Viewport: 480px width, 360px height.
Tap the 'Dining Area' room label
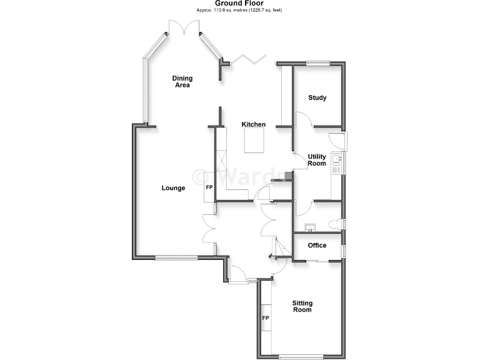click(182, 81)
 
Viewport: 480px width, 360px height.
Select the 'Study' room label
click(317, 98)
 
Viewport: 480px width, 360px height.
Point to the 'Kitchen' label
click(254, 124)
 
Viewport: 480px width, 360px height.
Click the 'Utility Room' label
click(317, 160)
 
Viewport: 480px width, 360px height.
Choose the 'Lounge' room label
click(173, 187)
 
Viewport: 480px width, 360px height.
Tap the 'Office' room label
click(317, 246)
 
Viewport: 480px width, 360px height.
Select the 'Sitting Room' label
click(302, 306)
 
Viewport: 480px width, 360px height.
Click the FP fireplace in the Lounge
click(209, 188)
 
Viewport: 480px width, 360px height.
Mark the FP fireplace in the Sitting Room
click(265, 318)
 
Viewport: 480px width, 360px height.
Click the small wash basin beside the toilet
click(310, 227)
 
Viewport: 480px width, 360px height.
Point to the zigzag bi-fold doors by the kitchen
click(249, 59)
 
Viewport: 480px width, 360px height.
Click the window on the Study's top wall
click(317, 62)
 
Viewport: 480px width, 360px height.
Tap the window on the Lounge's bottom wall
click(177, 257)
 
